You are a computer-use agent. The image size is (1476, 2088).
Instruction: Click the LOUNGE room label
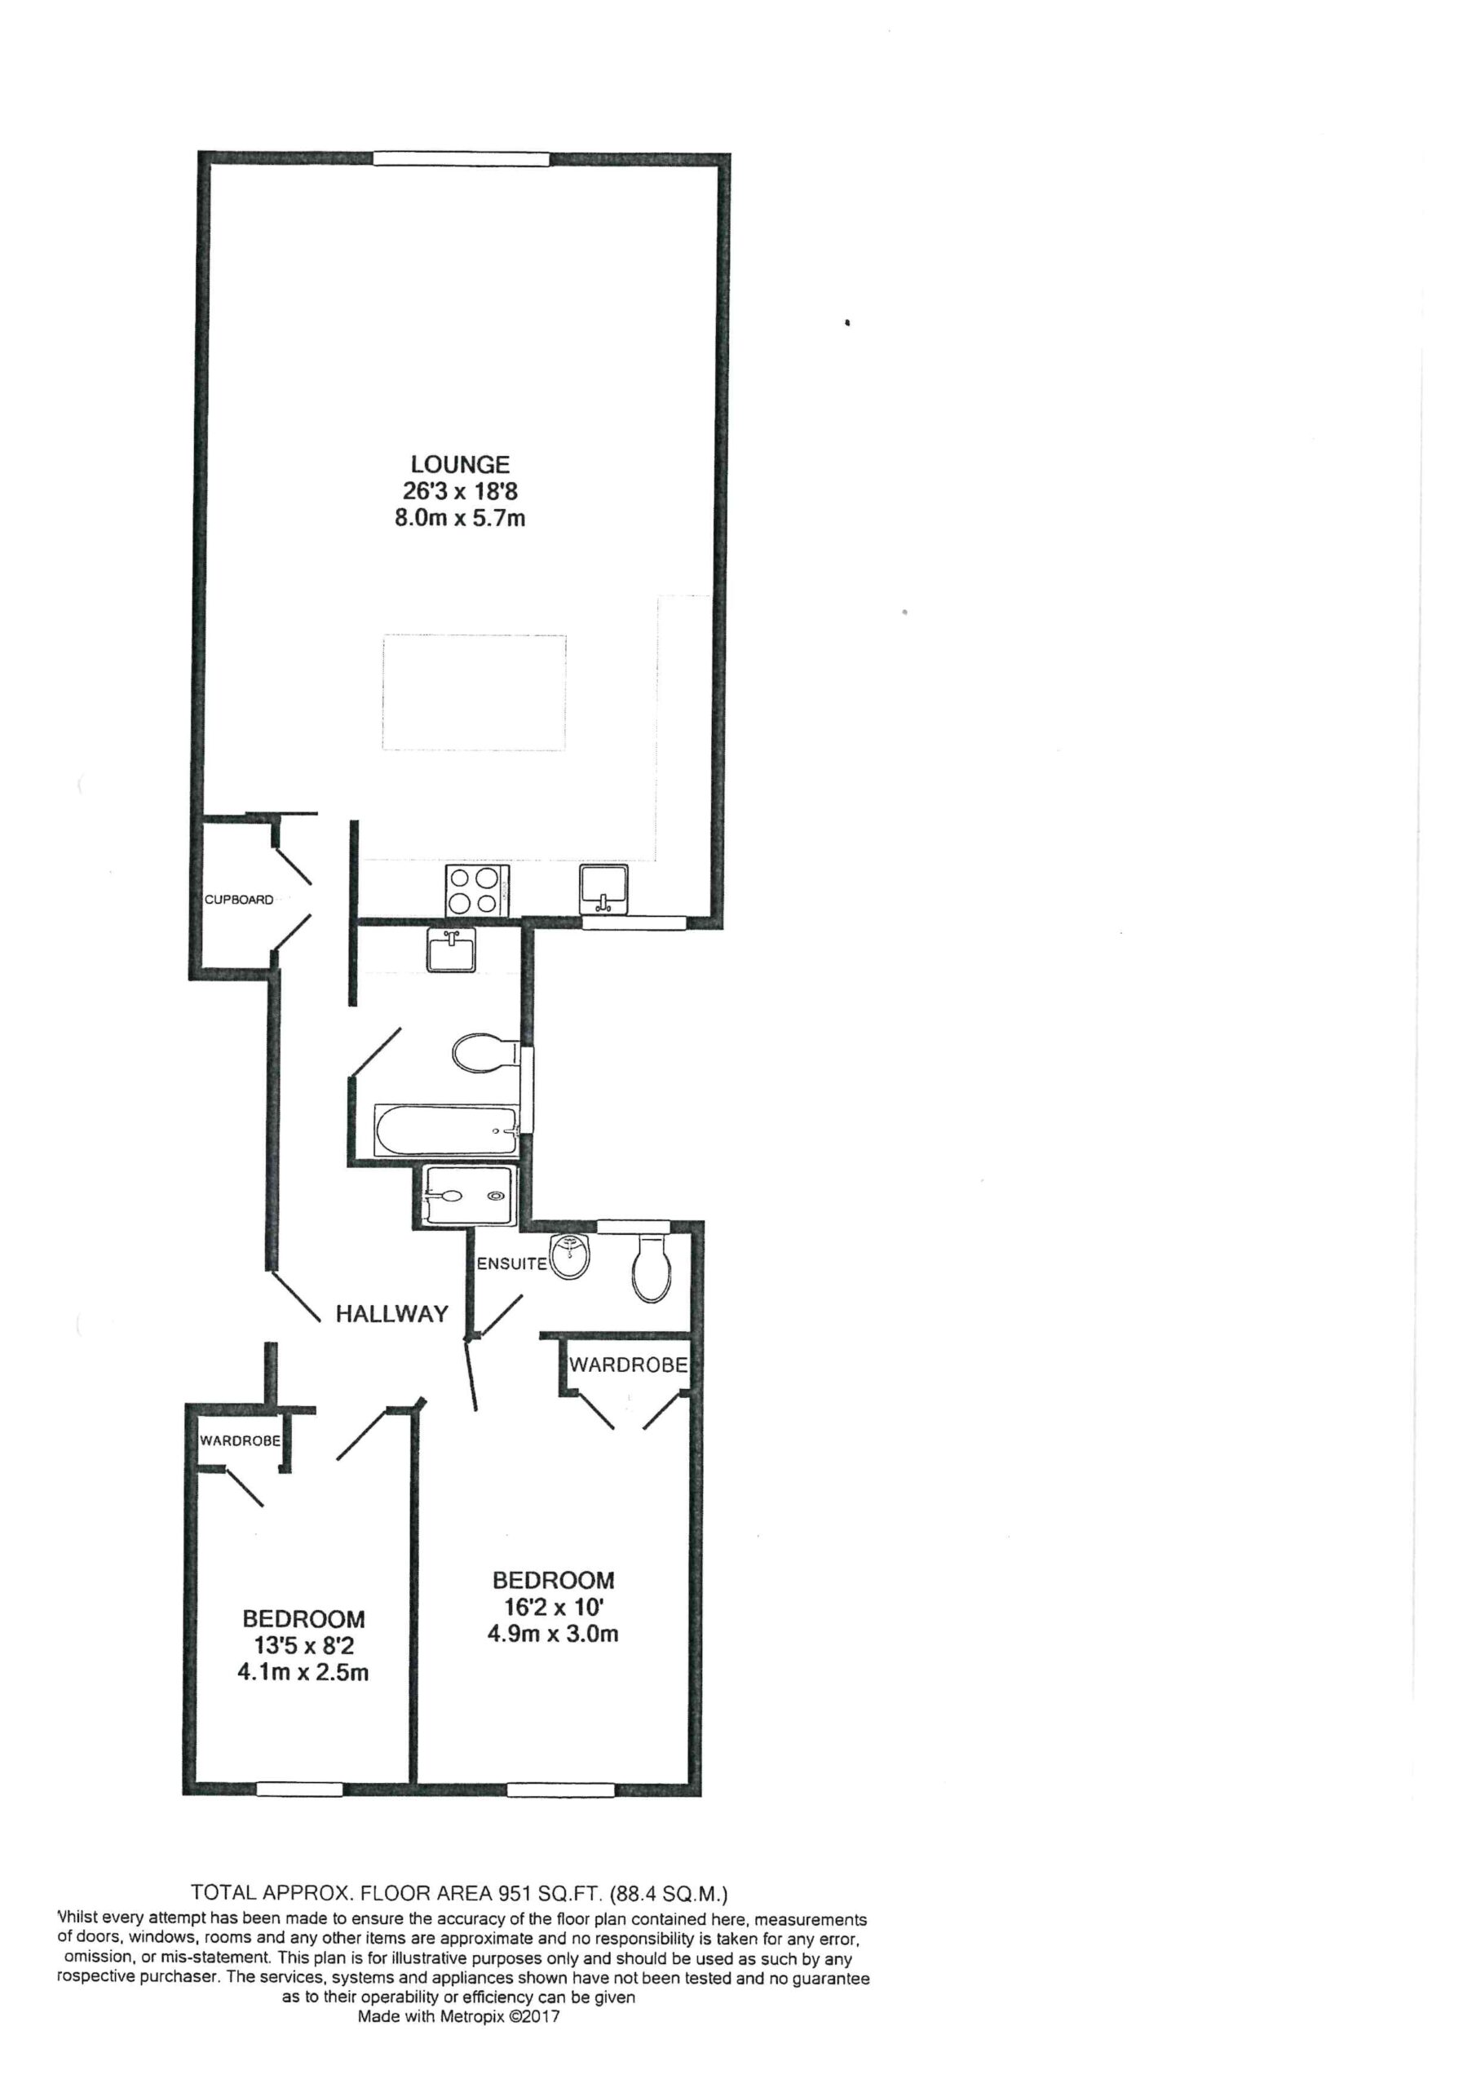[459, 465]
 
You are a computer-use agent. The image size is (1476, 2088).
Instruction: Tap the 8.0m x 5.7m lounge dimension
[459, 520]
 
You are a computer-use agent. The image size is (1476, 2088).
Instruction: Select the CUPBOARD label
[239, 900]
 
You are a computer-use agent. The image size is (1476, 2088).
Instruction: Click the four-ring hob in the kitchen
[476, 891]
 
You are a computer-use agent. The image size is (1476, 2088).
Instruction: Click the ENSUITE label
[512, 1264]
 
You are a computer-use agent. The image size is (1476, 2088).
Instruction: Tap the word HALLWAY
[392, 1313]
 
